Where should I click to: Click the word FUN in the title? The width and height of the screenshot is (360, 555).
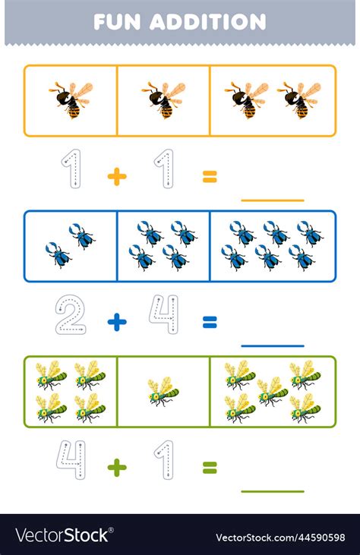[x=118, y=22]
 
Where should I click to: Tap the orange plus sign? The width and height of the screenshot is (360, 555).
[x=117, y=177]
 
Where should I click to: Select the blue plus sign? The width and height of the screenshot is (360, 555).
[x=117, y=322]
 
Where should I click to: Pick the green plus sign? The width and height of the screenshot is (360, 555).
[x=117, y=468]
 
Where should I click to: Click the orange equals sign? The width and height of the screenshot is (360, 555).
[x=210, y=177]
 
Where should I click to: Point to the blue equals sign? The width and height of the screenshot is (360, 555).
[x=210, y=322]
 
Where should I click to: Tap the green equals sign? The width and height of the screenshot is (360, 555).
[x=210, y=468]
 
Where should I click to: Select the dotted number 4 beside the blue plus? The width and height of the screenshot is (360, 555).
[x=163, y=315]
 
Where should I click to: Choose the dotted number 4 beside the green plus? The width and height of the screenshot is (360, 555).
[x=71, y=461]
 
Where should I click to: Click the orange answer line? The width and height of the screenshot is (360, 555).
[x=272, y=200]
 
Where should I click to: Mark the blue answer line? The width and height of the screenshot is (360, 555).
[x=272, y=346]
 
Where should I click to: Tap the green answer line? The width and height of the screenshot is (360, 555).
[x=272, y=491]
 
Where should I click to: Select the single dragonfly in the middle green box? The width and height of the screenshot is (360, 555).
[x=163, y=392]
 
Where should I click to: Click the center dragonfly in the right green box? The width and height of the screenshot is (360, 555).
[x=273, y=391]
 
